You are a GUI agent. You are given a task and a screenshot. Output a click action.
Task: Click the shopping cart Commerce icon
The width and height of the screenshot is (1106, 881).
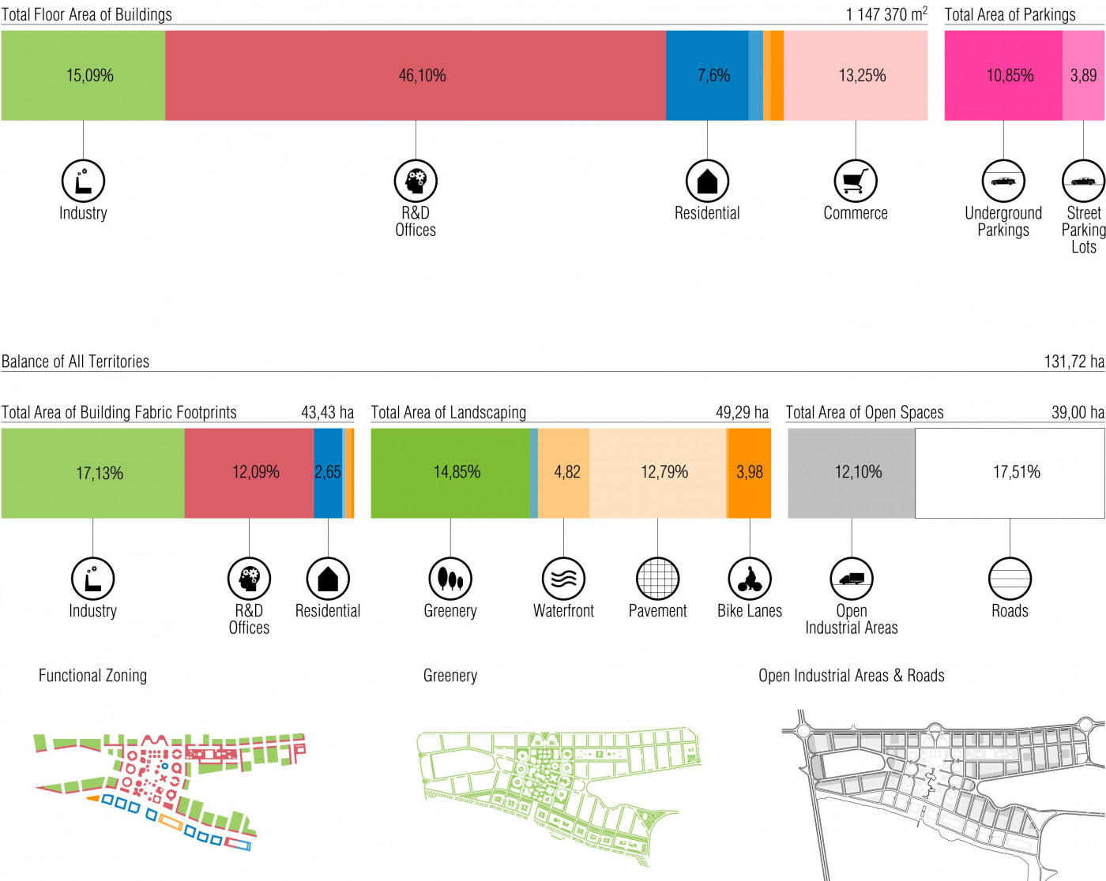tap(856, 181)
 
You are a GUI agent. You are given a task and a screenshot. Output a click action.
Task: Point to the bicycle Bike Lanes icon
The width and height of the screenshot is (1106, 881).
tap(750, 579)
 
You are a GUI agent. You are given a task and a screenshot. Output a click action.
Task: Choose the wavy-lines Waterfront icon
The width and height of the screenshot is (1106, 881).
tap(563, 579)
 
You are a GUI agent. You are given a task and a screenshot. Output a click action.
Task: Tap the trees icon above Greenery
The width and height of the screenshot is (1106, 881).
tap(450, 579)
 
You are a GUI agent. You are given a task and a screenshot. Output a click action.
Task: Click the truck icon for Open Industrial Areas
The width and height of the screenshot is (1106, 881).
tap(852, 579)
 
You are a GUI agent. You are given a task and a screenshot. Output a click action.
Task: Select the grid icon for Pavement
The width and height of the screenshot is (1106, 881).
tap(657, 579)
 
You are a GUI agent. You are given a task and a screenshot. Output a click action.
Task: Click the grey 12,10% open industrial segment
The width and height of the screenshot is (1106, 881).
tap(852, 473)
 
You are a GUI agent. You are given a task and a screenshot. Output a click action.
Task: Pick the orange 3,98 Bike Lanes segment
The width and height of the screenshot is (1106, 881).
tap(750, 473)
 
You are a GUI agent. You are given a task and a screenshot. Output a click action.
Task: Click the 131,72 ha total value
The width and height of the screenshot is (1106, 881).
tap(1074, 362)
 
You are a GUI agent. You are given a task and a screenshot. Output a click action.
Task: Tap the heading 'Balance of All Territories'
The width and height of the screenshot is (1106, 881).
tap(76, 362)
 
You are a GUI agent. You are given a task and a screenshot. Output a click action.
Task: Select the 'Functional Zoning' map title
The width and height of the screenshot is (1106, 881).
tap(92, 676)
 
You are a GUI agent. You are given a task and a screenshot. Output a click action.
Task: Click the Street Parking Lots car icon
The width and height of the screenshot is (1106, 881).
tap(1083, 181)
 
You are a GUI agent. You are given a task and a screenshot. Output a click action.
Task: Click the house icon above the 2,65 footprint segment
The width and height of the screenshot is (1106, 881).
tap(328, 579)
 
